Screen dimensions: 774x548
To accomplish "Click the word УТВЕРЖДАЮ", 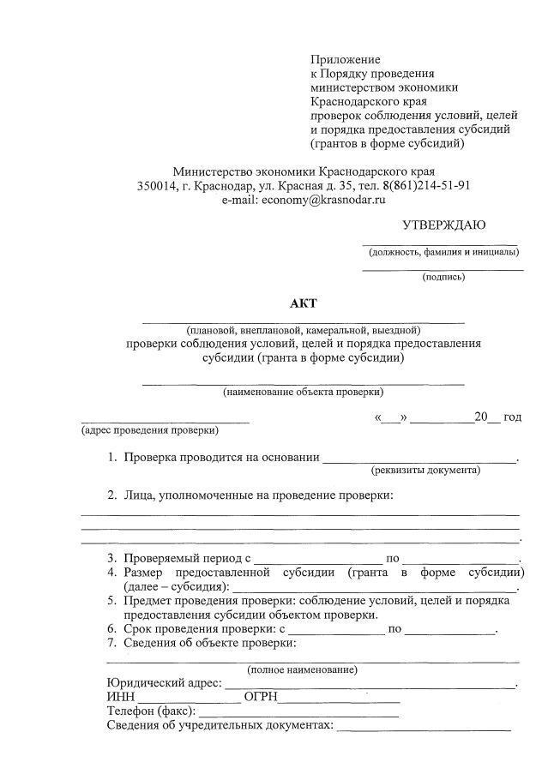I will pyautogui.click(x=443, y=225).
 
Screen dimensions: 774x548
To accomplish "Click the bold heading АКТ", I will pyautogui.click(x=303, y=304).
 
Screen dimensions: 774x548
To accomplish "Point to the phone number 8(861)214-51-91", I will pyautogui.click(x=425, y=185).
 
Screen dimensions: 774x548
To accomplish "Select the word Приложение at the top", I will pyautogui.click(x=344, y=59).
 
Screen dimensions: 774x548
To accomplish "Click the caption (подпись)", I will pyautogui.click(x=443, y=277).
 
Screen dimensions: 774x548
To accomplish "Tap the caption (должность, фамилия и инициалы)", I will pyautogui.click(x=443, y=252).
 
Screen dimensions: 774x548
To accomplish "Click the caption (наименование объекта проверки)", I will pyautogui.click(x=303, y=392).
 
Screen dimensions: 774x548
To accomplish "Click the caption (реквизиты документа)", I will pyautogui.click(x=425, y=470).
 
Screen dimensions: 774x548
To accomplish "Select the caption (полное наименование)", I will pyautogui.click(x=303, y=669).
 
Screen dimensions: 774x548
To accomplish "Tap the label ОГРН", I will pyautogui.click(x=261, y=698).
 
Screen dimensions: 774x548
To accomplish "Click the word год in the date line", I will pyautogui.click(x=512, y=417).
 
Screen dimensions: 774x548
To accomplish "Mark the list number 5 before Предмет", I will pyautogui.click(x=111, y=601).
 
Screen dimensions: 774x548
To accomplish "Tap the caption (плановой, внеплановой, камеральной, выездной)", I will pyautogui.click(x=303, y=330).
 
